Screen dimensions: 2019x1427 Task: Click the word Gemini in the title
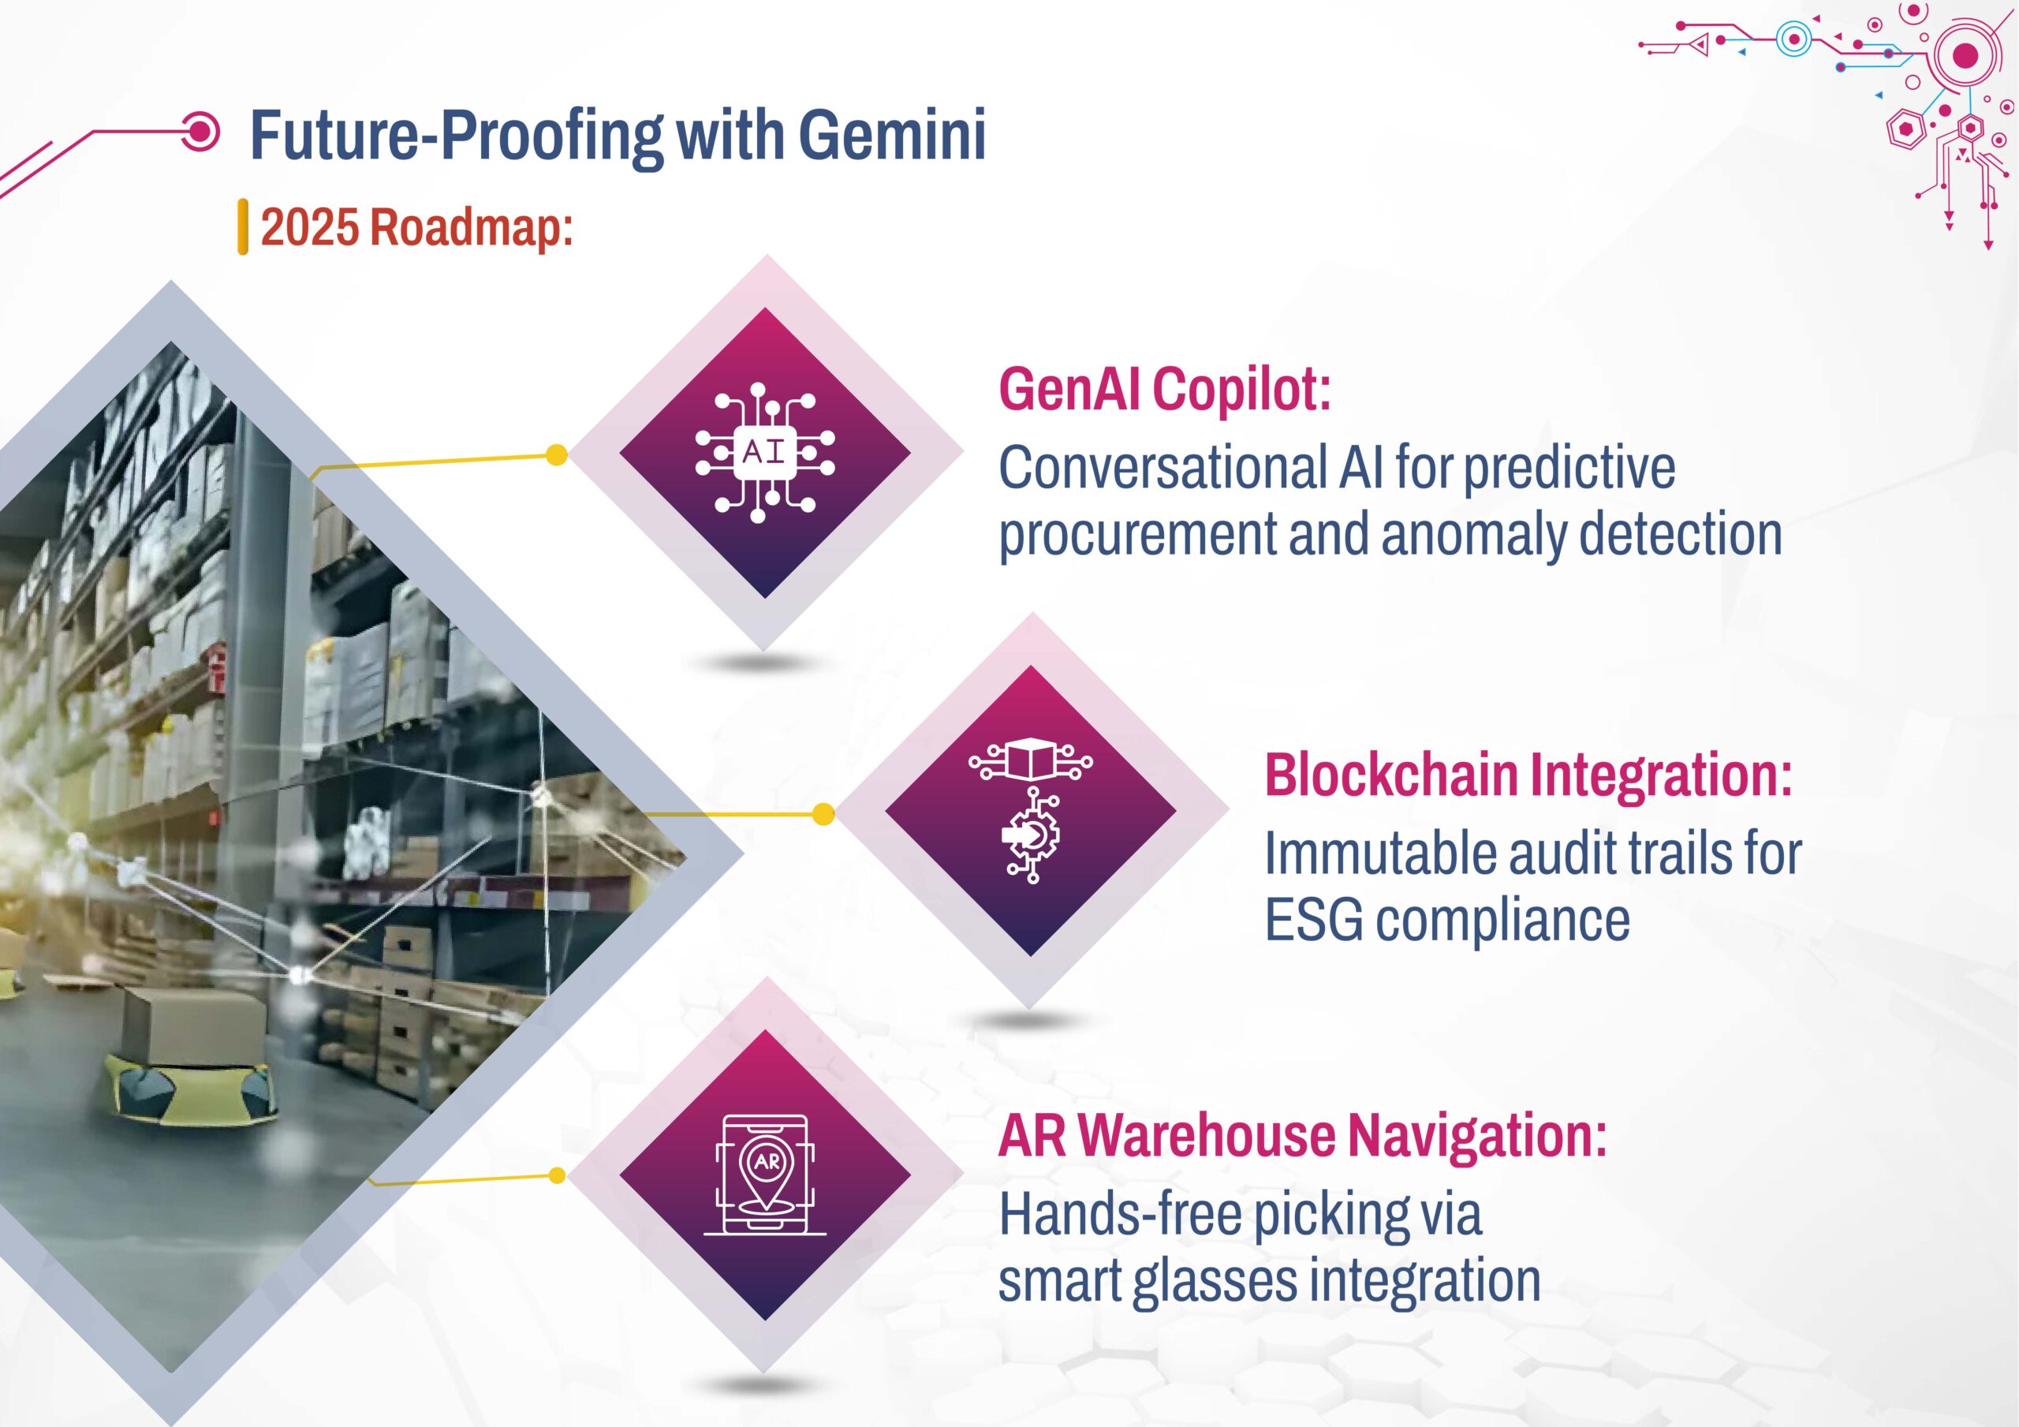click(892, 136)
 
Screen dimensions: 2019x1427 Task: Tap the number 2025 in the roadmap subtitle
click(311, 227)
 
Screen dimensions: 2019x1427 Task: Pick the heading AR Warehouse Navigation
click(1302, 1136)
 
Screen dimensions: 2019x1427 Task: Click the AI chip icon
click(765, 453)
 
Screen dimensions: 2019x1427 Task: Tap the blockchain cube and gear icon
click(1031, 810)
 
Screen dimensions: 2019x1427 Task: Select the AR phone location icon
click(765, 1174)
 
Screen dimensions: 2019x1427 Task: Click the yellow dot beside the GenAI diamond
click(556, 455)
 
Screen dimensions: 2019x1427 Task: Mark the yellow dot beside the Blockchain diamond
click(823, 814)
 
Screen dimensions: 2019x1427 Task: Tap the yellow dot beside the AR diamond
click(556, 1175)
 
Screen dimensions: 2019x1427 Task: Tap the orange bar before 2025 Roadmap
click(243, 227)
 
